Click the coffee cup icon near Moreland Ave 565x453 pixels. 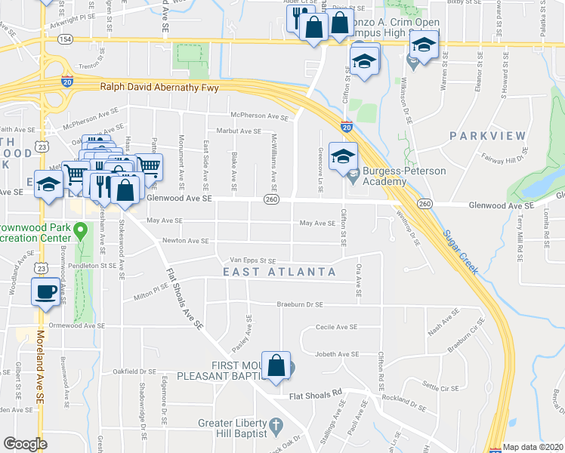point(45,290)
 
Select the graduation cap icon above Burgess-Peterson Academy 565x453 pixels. point(343,156)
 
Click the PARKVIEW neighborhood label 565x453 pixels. point(487,136)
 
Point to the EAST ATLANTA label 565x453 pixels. point(279,272)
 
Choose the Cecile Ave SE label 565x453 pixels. point(336,327)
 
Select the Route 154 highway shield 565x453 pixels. point(67,39)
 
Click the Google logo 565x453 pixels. point(24,444)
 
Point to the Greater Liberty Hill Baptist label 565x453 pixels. point(233,428)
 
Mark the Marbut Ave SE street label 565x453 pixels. point(239,131)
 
